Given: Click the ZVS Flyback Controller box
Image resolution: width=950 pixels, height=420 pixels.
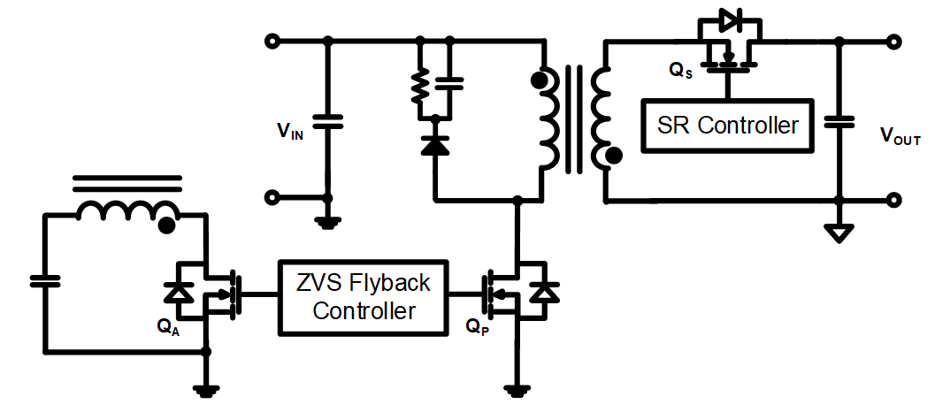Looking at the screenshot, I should [364, 296].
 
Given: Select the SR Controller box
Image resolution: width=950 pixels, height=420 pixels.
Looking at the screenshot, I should [727, 125].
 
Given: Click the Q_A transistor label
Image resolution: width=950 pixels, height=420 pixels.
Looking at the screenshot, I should [168, 325].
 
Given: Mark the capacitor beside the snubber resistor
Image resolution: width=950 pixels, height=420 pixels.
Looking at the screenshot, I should [450, 83].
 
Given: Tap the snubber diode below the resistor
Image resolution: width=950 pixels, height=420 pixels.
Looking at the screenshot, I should [434, 144].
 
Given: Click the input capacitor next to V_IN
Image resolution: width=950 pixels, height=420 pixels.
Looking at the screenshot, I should [328, 122].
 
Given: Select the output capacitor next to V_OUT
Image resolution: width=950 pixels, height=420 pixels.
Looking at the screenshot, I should [839, 122].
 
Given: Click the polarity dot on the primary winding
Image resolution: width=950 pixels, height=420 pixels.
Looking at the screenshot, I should [537, 81].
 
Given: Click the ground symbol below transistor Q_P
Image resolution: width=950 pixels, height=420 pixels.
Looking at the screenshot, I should [516, 387].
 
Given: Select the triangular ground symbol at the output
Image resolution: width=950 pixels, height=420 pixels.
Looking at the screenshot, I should [839, 233].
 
